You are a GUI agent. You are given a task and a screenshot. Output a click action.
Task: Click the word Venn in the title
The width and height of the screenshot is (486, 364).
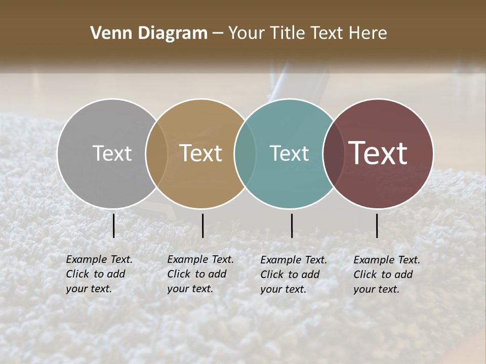[108, 33]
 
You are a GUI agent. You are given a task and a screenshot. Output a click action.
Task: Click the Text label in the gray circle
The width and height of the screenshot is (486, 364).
[112, 153]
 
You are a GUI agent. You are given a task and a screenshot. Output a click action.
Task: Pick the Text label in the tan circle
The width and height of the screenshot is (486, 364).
[201, 153]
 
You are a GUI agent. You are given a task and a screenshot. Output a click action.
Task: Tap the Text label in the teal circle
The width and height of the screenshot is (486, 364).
[289, 153]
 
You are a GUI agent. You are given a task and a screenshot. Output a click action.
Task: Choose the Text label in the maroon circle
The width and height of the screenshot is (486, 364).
[378, 153]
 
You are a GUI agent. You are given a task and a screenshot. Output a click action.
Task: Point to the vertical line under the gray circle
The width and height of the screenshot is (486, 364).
[113, 225]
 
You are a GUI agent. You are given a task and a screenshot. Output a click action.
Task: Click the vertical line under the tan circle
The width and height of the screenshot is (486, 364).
[202, 225]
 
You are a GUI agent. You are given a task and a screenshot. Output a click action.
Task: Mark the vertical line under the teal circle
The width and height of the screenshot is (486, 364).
[292, 225]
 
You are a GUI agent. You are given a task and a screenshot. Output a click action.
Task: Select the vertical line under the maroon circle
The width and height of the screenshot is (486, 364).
[377, 225]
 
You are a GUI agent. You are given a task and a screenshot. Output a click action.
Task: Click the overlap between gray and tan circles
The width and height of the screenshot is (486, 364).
[156, 153]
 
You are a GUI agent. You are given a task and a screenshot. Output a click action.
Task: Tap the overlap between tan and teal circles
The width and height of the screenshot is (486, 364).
[245, 153]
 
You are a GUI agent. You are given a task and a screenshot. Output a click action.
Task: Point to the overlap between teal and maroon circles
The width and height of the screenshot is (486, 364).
[333, 153]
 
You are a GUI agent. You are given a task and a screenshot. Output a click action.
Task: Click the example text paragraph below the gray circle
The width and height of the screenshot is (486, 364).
[99, 274]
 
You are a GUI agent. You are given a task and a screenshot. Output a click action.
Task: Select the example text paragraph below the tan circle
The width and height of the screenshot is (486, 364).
[200, 274]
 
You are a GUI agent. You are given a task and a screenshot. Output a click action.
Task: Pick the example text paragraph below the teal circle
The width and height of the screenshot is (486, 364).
[293, 275]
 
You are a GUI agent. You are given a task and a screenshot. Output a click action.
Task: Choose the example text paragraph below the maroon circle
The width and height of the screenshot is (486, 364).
[386, 275]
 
